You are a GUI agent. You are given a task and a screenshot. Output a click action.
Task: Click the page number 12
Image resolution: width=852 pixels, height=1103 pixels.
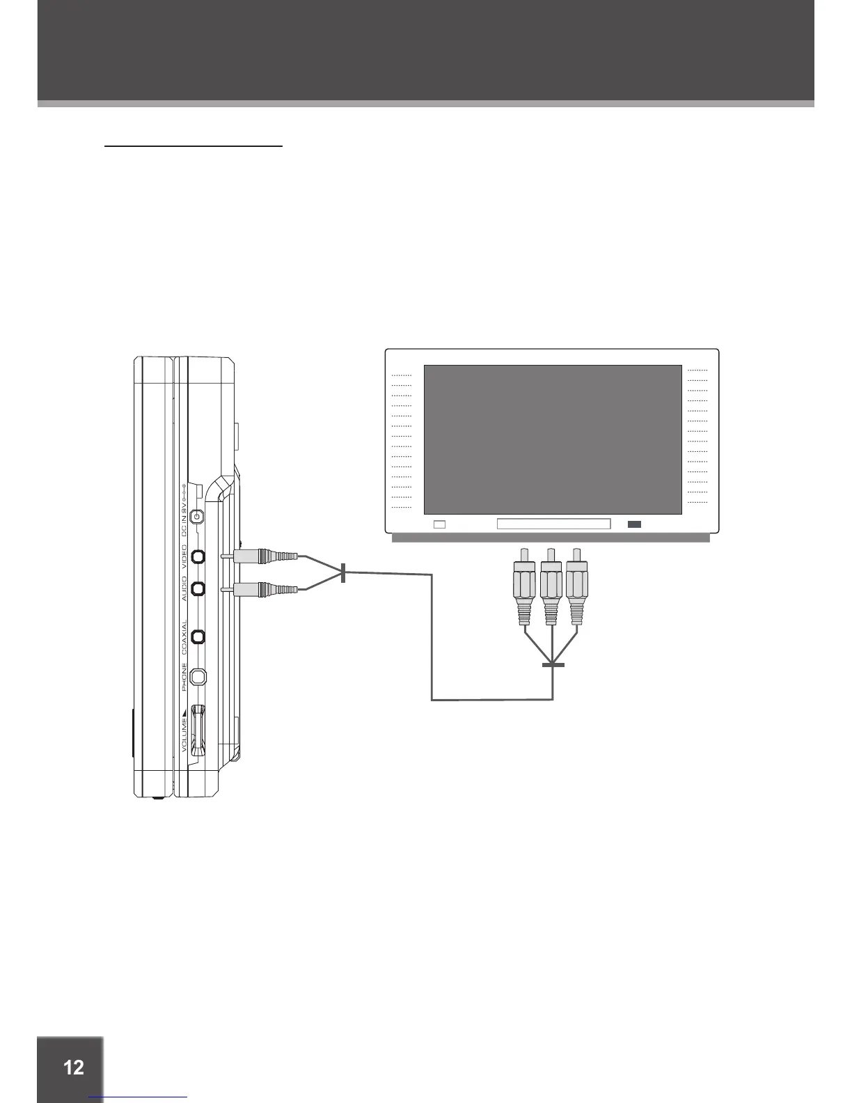73,1067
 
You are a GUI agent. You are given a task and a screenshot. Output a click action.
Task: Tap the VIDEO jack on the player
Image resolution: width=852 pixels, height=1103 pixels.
198,556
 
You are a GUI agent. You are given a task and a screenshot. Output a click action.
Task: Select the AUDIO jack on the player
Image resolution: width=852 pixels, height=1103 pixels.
198,589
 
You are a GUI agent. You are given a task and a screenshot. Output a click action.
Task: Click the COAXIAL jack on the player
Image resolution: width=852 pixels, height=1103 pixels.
198,636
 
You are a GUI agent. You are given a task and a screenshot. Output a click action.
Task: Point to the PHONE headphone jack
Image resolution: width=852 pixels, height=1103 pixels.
198,676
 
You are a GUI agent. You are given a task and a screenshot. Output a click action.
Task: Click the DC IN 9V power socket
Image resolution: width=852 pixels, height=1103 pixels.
198,517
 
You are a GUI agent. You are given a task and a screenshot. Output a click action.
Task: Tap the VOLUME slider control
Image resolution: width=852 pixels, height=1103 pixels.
199,730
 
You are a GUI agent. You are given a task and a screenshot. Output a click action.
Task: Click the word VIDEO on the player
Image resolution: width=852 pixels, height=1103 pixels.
184,558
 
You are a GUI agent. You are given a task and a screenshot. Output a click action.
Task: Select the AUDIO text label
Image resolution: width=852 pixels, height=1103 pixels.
184,589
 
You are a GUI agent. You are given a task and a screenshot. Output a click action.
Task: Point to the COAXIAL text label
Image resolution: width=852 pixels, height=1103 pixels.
184,637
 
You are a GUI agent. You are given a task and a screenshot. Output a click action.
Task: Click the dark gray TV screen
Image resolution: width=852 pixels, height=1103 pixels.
553,439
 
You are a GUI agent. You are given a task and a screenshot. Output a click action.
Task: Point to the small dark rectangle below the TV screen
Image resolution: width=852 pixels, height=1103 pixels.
634,524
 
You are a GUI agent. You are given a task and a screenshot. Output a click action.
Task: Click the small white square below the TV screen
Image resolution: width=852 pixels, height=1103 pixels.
439,524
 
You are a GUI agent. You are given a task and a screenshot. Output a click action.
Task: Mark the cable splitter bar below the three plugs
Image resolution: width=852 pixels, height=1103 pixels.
553,665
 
